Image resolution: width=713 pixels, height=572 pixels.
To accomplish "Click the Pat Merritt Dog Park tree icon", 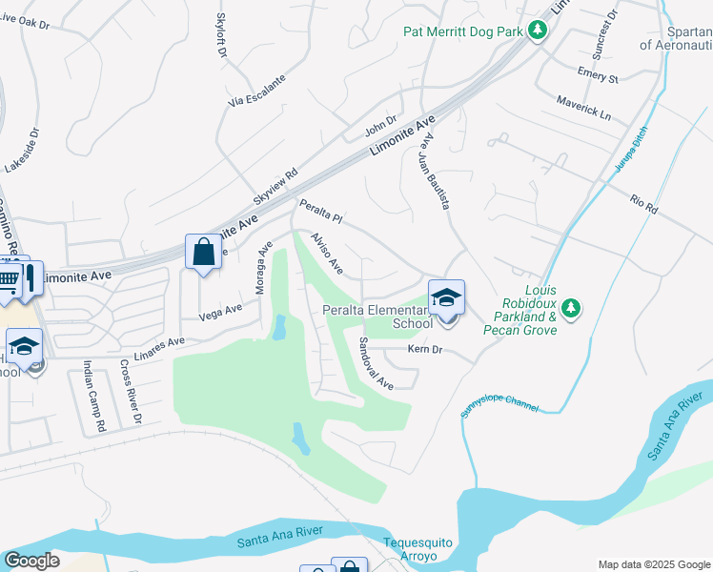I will [538, 31].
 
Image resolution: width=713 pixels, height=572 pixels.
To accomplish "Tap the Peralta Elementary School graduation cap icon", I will [446, 298].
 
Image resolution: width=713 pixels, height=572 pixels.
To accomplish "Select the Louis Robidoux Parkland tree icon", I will [571, 307].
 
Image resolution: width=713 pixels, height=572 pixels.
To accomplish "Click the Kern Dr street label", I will [425, 351].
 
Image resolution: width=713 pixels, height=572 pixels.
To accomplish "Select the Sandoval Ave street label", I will [376, 363].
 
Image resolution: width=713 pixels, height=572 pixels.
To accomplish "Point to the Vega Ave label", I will [221, 309].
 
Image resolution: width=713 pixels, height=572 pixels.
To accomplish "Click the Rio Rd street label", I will [644, 204].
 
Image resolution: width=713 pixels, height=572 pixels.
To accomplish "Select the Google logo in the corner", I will [31, 561].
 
